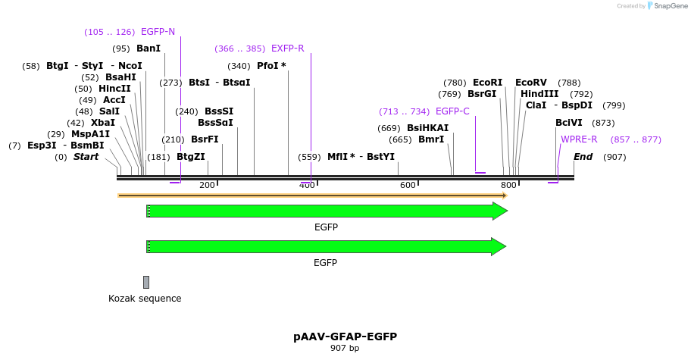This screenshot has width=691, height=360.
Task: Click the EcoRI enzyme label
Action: coord(487,83)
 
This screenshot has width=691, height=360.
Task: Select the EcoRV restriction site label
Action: coord(530,83)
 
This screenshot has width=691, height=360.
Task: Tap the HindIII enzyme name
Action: coord(539,94)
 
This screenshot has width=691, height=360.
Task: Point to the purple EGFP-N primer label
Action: coord(158,32)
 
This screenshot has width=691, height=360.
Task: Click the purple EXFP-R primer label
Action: coord(287,49)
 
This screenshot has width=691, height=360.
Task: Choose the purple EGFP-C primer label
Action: coord(452,111)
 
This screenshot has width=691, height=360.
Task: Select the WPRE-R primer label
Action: coord(579,139)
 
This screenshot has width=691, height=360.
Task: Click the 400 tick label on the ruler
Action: coord(307,186)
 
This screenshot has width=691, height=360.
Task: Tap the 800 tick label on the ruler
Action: coord(508,186)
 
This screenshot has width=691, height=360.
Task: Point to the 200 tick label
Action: coord(207,186)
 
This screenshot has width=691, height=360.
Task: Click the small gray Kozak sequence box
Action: coord(146,282)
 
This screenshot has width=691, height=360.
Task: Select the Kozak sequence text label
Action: coord(145,299)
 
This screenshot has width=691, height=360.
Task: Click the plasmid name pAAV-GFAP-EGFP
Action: coord(345,337)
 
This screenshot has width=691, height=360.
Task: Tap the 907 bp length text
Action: coord(345,349)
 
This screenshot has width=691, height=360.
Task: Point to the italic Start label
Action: coord(86,157)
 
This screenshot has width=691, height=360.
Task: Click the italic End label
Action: coord(583,157)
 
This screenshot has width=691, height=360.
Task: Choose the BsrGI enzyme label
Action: coord(482,94)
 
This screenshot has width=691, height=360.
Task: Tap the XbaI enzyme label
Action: coord(103,123)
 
